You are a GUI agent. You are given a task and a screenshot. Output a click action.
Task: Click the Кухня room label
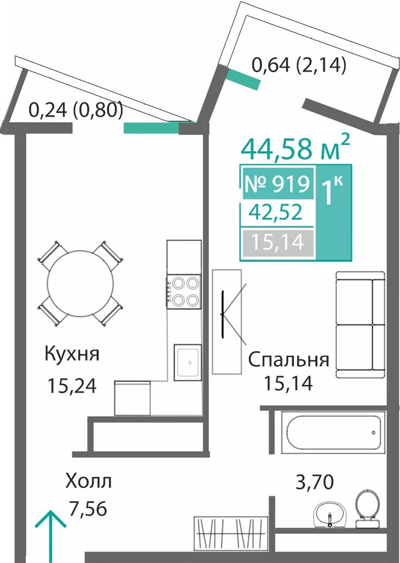click(x=72, y=355)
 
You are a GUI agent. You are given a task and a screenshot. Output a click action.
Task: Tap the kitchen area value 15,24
click(x=72, y=386)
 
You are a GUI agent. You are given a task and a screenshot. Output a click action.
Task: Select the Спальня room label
click(x=289, y=360)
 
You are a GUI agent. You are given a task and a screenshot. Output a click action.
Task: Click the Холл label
click(x=88, y=481)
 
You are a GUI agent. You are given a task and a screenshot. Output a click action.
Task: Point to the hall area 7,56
click(x=88, y=509)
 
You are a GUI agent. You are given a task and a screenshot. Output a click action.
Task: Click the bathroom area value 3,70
click(x=314, y=482)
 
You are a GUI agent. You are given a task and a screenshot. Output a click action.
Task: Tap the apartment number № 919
click(x=277, y=184)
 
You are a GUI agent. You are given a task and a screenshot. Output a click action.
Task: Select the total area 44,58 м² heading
click(x=295, y=148)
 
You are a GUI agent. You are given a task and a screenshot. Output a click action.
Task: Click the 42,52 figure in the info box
click(x=276, y=213)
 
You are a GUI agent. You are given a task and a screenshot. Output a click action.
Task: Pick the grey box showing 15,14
click(x=278, y=243)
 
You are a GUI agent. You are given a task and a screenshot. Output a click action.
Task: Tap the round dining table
click(x=81, y=283)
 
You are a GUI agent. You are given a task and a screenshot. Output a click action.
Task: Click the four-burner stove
click(x=183, y=291)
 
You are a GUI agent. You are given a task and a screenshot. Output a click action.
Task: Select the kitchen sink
click(x=187, y=362)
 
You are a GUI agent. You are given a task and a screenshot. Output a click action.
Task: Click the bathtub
click(x=333, y=432)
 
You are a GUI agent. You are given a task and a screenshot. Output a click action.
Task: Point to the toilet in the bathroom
click(x=367, y=508)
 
